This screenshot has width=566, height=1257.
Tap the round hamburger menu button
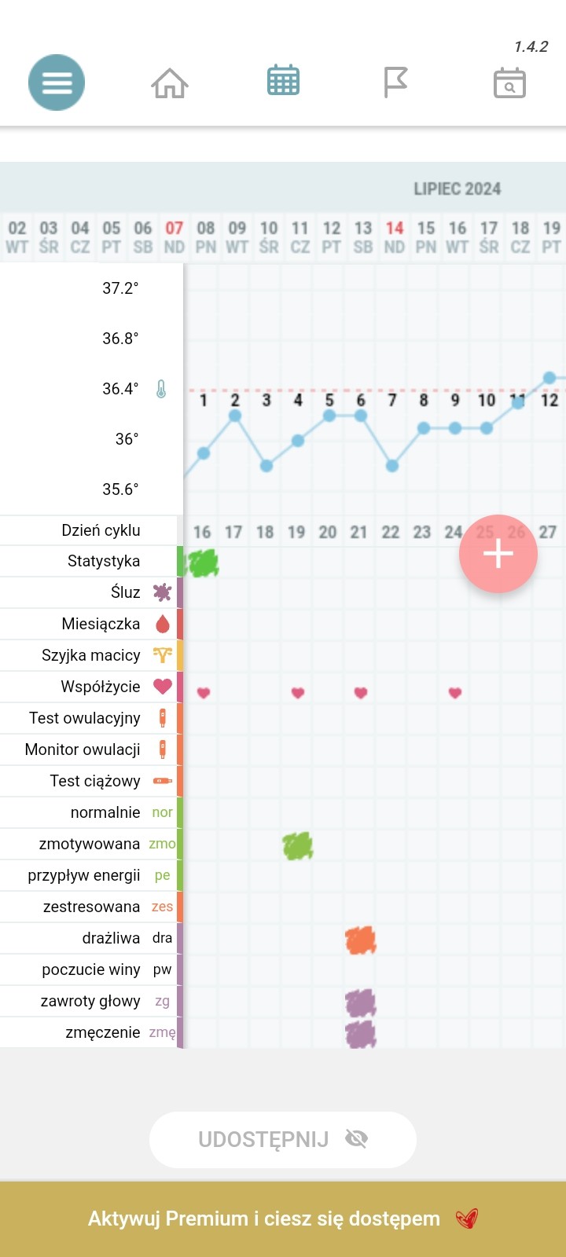pyautogui.click(x=57, y=82)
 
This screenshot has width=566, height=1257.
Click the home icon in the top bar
pyautogui.click(x=170, y=82)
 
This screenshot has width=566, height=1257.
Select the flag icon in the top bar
pyautogui.click(x=395, y=82)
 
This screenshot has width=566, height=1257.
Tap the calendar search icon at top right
pyautogui.click(x=509, y=82)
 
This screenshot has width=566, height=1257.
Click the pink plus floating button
pyautogui.click(x=498, y=554)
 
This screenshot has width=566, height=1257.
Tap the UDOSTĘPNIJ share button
pyautogui.click(x=282, y=1139)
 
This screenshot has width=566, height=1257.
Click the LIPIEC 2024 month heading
pyautogui.click(x=457, y=189)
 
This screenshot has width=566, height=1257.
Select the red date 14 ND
pyautogui.click(x=394, y=236)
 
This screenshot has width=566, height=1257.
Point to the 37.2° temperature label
pyautogui.click(x=120, y=288)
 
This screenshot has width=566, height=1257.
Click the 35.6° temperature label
pyautogui.click(x=120, y=489)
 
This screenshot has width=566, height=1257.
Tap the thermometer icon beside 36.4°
pyautogui.click(x=161, y=389)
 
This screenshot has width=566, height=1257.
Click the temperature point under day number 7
pyautogui.click(x=392, y=466)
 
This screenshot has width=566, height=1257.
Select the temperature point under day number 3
pyautogui.click(x=266, y=466)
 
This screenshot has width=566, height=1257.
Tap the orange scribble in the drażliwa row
pyautogui.click(x=361, y=940)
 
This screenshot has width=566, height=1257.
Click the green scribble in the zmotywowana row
pyautogui.click(x=298, y=845)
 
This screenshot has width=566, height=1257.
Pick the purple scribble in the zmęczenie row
pyautogui.click(x=361, y=1034)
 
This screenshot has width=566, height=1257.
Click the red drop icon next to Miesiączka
pyautogui.click(x=163, y=625)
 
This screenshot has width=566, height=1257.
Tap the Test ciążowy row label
pyautogui.click(x=95, y=781)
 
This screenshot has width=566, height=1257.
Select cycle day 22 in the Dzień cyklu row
pyautogui.click(x=391, y=533)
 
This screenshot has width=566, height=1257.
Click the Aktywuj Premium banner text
pyautogui.click(x=264, y=1219)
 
